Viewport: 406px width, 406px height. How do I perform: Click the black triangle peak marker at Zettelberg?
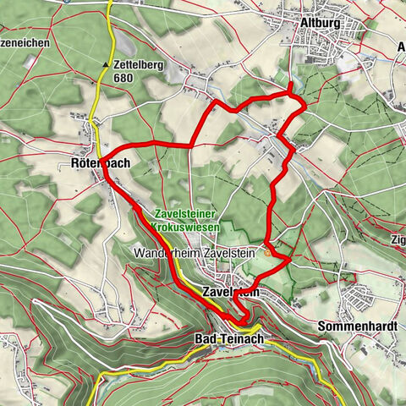point(106,64)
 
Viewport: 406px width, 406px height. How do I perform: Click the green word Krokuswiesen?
point(186,228)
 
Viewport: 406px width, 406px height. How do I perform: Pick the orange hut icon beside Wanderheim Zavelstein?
point(269,251)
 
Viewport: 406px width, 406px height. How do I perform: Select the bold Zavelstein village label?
point(229,291)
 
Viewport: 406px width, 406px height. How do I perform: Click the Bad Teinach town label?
point(230,339)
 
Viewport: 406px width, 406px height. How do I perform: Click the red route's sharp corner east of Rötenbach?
point(190,145)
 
